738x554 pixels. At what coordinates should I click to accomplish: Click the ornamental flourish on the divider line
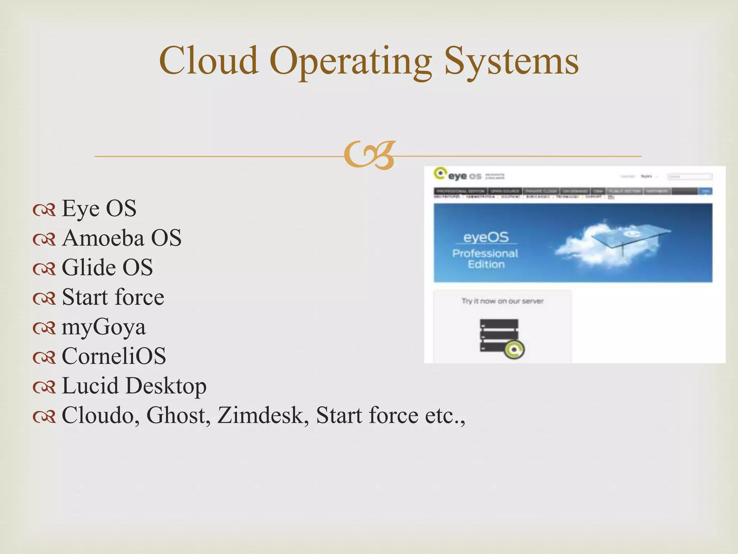(x=369, y=155)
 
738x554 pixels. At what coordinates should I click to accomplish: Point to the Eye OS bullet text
(x=99, y=208)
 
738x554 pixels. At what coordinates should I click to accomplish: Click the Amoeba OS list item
(x=121, y=238)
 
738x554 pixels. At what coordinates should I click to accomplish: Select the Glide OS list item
(x=107, y=268)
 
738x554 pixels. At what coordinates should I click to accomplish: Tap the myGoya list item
(x=103, y=327)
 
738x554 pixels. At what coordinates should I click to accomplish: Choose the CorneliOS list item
(x=114, y=356)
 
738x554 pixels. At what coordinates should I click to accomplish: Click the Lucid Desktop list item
(x=134, y=386)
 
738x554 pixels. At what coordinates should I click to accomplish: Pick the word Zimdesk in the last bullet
(x=263, y=415)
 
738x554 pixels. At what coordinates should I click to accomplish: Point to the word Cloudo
(x=101, y=415)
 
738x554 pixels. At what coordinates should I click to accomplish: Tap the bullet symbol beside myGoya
(x=44, y=328)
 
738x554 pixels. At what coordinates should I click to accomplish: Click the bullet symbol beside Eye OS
(x=44, y=210)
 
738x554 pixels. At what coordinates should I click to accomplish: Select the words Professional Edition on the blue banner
(x=485, y=259)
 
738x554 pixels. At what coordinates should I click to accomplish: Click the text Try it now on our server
(x=502, y=301)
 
